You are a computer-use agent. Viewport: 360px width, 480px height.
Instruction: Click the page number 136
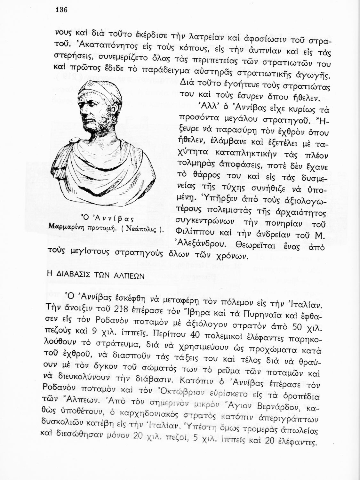click(60, 10)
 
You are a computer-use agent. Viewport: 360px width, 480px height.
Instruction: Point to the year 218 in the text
click(112, 309)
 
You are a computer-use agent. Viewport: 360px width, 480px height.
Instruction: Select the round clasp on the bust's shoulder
click(74, 141)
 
